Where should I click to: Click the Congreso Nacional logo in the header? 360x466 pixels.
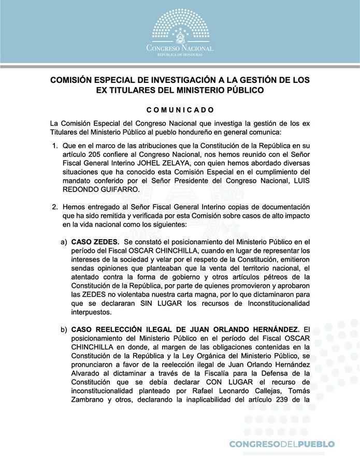pos(180,32)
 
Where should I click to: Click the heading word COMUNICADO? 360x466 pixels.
pos(180,110)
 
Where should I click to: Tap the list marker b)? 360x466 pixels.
pos(64,329)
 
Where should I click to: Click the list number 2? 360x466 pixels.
pos(55,207)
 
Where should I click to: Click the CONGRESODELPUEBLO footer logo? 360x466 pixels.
pos(282,444)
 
